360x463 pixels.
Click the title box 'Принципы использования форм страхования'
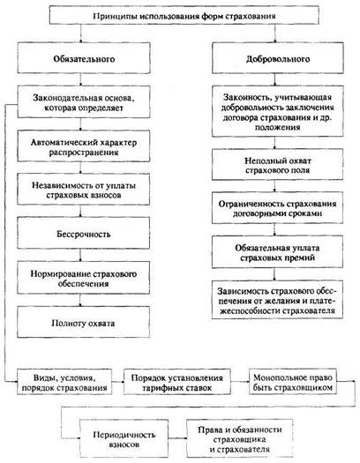click(184, 15)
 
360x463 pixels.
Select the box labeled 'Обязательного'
click(84, 58)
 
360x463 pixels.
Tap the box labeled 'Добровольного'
click(278, 58)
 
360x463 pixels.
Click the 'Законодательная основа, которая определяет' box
click(84, 102)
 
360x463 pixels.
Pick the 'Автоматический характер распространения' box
click(84, 146)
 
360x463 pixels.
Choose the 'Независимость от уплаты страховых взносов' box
click(84, 190)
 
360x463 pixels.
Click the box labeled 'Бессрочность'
click(84, 234)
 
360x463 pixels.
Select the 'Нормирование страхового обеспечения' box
click(84, 278)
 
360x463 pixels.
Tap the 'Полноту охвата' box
click(84, 322)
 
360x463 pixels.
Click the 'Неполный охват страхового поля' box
click(278, 164)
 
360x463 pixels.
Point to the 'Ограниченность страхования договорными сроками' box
click(278, 208)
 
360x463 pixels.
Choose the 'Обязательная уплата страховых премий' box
click(278, 252)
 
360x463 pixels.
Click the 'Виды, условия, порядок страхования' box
click(64, 382)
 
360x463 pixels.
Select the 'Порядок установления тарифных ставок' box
click(176, 382)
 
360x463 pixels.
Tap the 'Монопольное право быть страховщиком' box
click(293, 381)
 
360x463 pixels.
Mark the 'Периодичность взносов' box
click(124, 438)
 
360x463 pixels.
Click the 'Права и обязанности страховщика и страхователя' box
click(240, 438)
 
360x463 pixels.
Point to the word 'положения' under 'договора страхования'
click(278, 128)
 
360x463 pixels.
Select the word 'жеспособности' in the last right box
click(251, 311)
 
